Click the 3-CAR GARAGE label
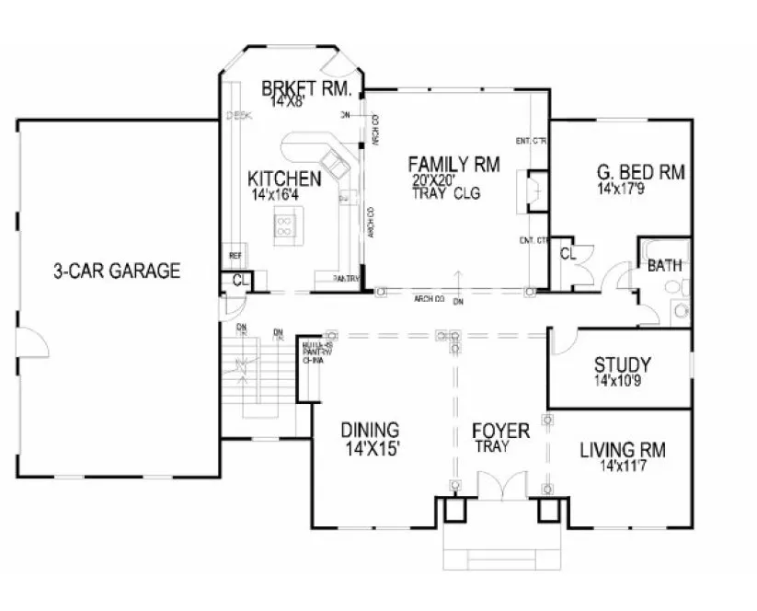pyautogui.click(x=116, y=271)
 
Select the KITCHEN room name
pyautogui.click(x=284, y=179)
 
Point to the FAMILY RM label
pyautogui.click(x=453, y=165)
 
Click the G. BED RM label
pyautogui.click(x=643, y=173)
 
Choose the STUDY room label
pyautogui.click(x=623, y=363)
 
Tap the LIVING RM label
pyautogui.click(x=623, y=450)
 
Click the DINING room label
pyautogui.click(x=370, y=430)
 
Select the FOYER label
pyautogui.click(x=500, y=431)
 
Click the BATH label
pyautogui.click(x=664, y=266)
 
